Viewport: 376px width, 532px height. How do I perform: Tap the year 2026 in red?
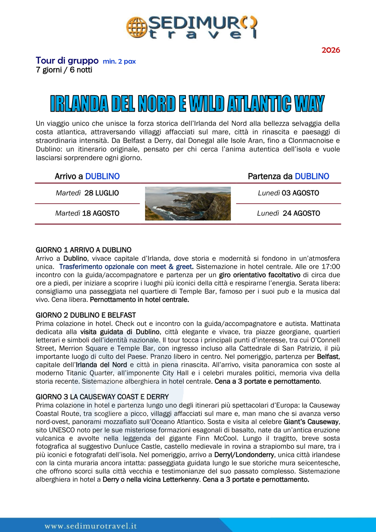pyautogui.click(x=330, y=50)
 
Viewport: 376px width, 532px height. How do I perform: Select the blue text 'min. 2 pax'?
pyautogui.click(x=119, y=62)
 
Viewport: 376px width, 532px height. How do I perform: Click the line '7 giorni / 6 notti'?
pyautogui.click(x=64, y=70)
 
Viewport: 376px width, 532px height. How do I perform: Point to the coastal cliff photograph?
pyautogui.click(x=188, y=204)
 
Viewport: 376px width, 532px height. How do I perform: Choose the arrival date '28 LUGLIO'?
pyautogui.click(x=101, y=193)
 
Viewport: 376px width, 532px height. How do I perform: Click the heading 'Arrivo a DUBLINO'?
pyautogui.click(x=87, y=176)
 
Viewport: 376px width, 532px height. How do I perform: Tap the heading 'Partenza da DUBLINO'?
pyautogui.click(x=288, y=176)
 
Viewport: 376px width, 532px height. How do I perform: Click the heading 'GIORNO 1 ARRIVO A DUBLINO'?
pyautogui.click(x=84, y=250)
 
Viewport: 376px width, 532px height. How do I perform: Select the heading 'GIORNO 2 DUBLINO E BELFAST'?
pyautogui.click(x=85, y=315)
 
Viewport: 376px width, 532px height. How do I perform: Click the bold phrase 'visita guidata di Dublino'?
pyautogui.click(x=119, y=332)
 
